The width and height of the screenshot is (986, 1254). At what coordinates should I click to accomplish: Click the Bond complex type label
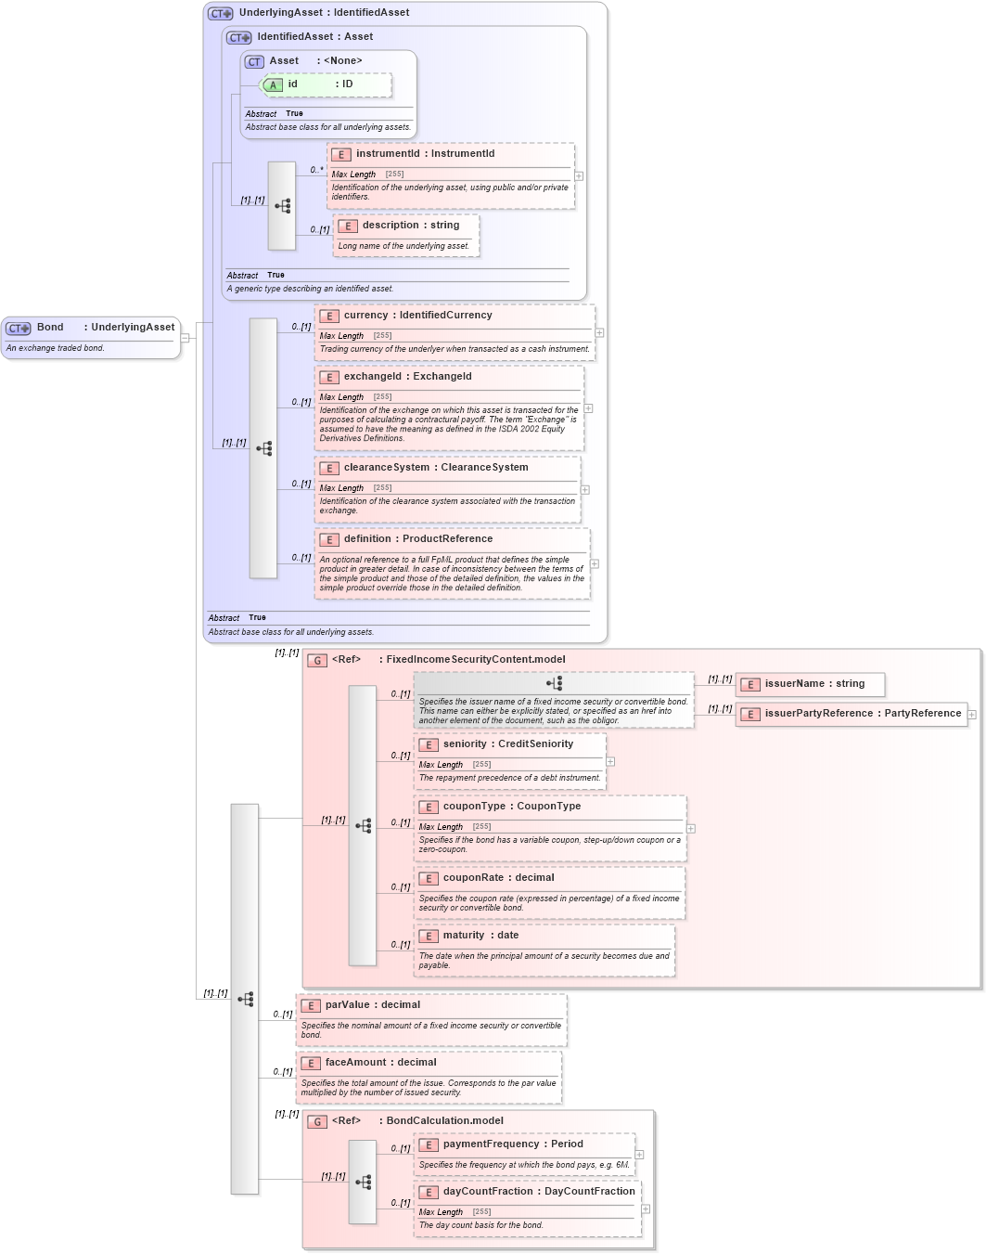(x=50, y=328)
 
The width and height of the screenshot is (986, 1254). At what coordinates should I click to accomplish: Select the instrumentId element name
(x=387, y=154)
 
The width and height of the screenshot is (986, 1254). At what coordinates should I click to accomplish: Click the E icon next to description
(x=348, y=226)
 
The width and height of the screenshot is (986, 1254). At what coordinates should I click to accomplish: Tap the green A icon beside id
(x=273, y=85)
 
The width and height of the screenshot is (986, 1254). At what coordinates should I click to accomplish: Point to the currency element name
(x=365, y=316)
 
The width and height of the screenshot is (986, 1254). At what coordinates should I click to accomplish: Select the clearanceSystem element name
(x=386, y=468)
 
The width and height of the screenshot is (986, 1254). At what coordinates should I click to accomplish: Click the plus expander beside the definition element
(x=595, y=563)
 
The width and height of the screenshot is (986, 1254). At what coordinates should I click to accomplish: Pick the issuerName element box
(x=809, y=684)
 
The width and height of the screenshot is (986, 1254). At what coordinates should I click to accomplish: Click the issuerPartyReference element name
(x=817, y=714)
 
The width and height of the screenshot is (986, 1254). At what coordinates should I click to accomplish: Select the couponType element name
(x=473, y=807)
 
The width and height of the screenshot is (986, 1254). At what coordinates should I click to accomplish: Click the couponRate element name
(x=472, y=878)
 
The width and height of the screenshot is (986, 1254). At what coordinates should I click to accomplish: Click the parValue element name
(x=347, y=1005)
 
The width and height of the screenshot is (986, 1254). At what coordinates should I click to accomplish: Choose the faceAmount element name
(x=355, y=1063)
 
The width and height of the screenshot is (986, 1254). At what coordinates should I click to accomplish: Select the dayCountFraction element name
(x=487, y=1192)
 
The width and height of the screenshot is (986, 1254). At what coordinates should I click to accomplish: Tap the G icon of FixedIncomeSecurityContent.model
(x=317, y=661)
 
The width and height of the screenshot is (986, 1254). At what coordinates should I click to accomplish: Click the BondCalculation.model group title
(x=444, y=1121)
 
